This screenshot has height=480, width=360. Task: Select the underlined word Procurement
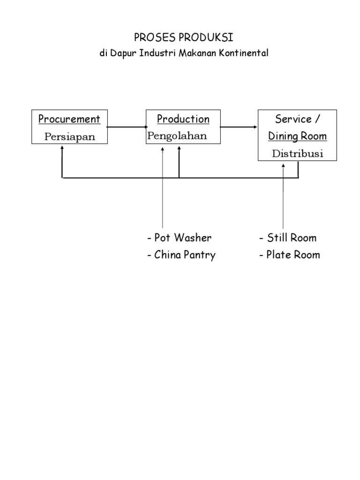(x=69, y=119)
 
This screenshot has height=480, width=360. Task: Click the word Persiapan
(x=69, y=137)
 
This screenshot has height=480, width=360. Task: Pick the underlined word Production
(x=183, y=119)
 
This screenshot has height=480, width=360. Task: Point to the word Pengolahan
(x=177, y=136)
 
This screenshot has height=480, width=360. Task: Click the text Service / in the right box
(x=298, y=119)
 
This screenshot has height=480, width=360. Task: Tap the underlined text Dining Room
(x=298, y=136)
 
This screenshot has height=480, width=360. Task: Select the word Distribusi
(x=298, y=154)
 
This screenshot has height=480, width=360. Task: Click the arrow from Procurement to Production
(x=127, y=127)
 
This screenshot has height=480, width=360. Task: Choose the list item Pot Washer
(x=179, y=238)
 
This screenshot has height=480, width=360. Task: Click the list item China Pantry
(x=181, y=255)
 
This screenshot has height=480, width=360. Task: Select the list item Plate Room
(x=290, y=255)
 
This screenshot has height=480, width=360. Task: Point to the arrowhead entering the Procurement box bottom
(x=62, y=149)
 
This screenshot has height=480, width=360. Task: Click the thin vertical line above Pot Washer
(x=163, y=197)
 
